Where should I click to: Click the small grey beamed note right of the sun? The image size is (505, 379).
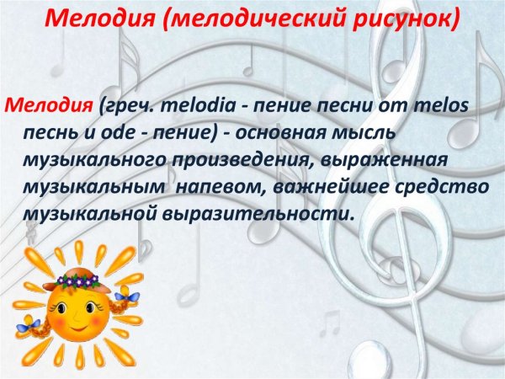[329, 321]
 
